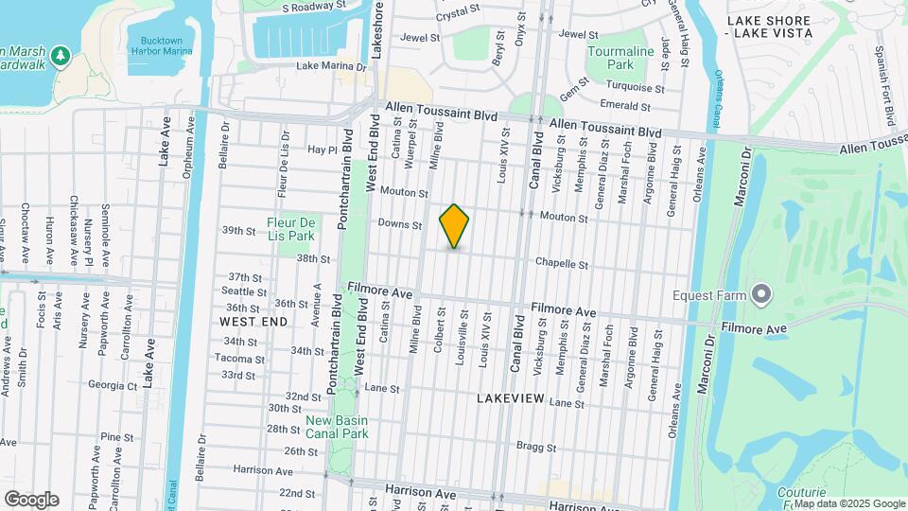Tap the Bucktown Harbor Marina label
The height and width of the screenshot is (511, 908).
pyautogui.click(x=160, y=46)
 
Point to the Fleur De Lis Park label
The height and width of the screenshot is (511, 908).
pyautogui.click(x=289, y=228)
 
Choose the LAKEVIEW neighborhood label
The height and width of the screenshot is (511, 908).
pyautogui.click(x=511, y=398)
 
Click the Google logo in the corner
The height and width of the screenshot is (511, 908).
pyautogui.click(x=31, y=499)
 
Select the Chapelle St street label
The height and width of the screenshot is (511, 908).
pyautogui.click(x=562, y=264)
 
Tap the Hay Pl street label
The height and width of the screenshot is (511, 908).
pyautogui.click(x=323, y=150)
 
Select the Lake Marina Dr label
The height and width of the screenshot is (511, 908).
pyautogui.click(x=331, y=66)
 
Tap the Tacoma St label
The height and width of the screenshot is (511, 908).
pyautogui.click(x=235, y=359)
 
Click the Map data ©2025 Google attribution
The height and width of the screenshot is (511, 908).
pyautogui.click(x=848, y=502)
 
